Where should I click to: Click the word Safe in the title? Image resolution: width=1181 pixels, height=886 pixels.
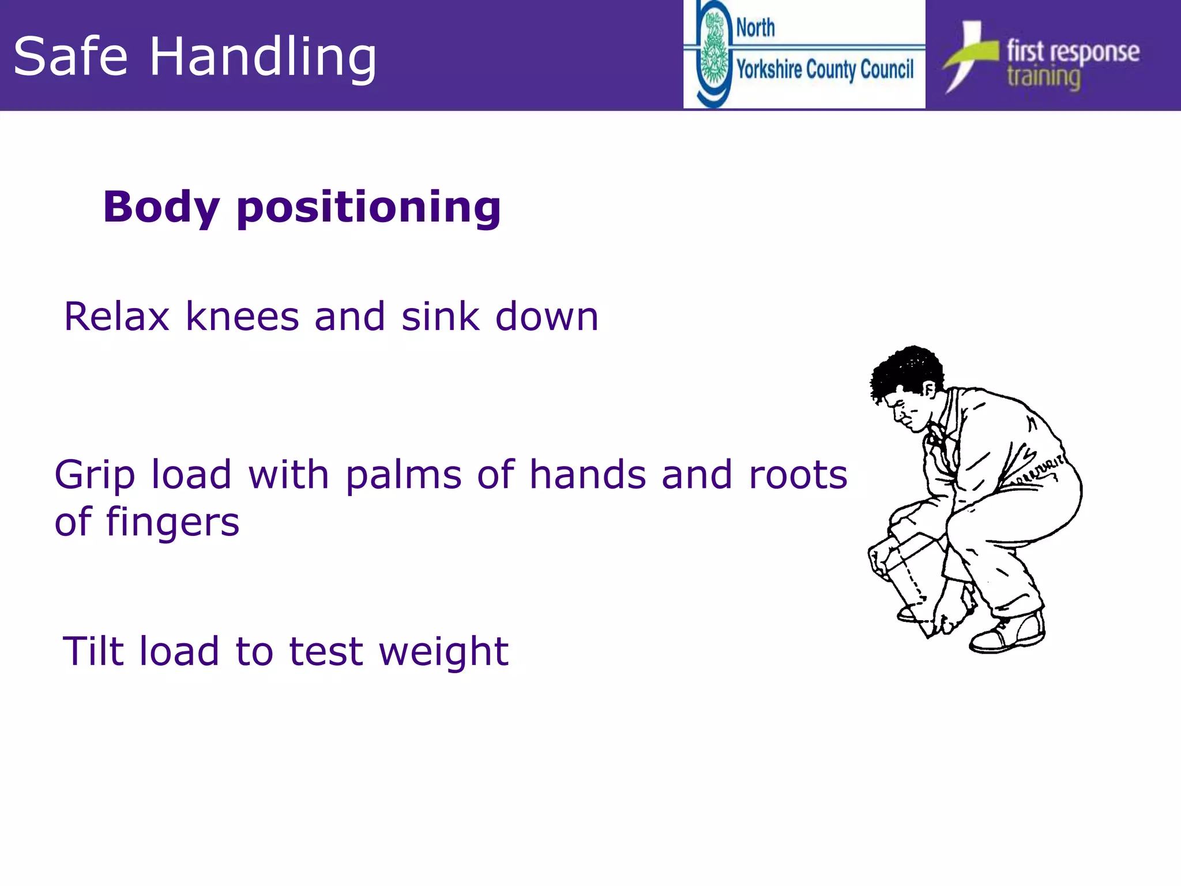70,57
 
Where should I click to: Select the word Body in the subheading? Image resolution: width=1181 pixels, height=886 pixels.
161,208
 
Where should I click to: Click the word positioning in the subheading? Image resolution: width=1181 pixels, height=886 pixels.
369,209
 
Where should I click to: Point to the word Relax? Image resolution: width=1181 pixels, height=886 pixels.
117,317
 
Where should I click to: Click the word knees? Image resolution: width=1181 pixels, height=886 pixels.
243,317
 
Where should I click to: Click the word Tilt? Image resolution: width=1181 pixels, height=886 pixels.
93,651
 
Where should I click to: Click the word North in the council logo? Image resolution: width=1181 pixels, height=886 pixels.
755,28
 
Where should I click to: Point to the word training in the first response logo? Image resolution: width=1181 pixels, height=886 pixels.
1044,78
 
